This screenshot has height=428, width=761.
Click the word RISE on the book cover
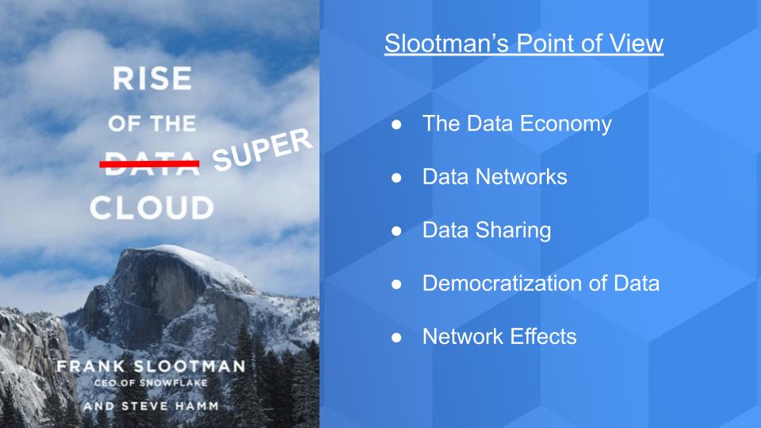click(151, 79)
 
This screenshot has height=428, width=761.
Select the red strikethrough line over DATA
click(149, 163)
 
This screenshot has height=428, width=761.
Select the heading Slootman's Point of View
click(523, 44)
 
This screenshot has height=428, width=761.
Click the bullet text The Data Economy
click(517, 124)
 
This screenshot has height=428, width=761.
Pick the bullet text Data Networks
click(495, 177)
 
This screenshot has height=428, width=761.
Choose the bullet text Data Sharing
click(487, 230)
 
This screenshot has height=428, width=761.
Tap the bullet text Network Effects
click(499, 336)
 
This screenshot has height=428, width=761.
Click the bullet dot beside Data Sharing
click(397, 231)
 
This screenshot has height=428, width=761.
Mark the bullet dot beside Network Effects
click(397, 337)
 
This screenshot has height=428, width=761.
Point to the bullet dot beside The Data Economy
click(397, 124)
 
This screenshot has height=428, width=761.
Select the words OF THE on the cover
click(151, 124)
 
